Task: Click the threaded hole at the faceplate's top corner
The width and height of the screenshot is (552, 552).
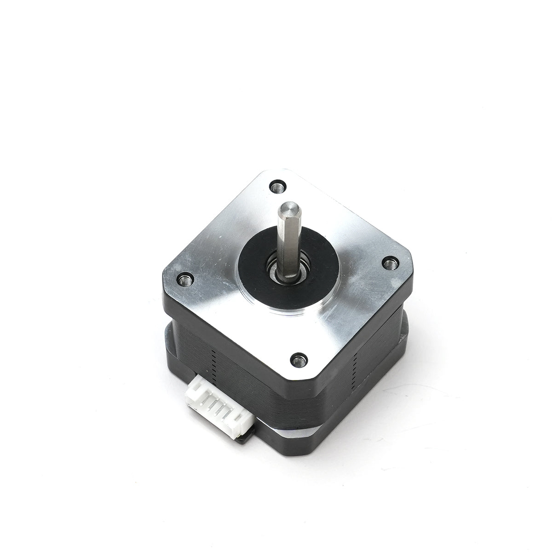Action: [278, 186]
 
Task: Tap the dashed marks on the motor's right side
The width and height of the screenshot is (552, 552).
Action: [354, 363]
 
